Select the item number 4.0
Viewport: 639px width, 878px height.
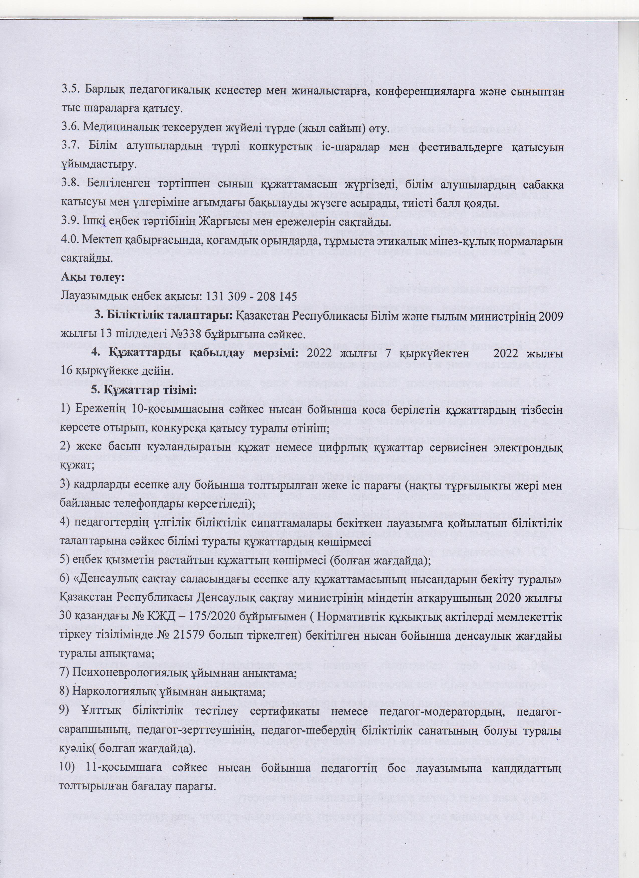[x=70, y=241]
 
